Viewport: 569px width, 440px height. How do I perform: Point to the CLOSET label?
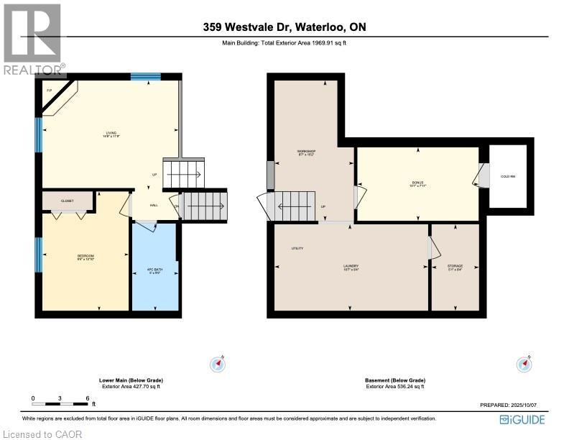pos(68,201)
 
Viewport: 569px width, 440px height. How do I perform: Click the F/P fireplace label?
pos(50,91)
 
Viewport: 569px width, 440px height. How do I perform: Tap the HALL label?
pos(154,206)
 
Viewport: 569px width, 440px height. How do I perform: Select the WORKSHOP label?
pos(307,152)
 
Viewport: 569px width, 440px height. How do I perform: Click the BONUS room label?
pos(417,183)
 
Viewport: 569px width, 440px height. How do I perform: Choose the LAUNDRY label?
pos(351,267)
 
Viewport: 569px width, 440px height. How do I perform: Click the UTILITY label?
pos(297,249)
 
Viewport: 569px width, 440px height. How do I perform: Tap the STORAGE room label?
pos(455,267)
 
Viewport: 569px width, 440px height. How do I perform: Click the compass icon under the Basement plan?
pos(524,364)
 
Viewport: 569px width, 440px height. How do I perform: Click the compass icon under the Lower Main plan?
pos(217,364)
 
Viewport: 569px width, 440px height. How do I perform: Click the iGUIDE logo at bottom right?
pos(522,419)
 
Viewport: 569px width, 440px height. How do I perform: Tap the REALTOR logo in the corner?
pos(32,40)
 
